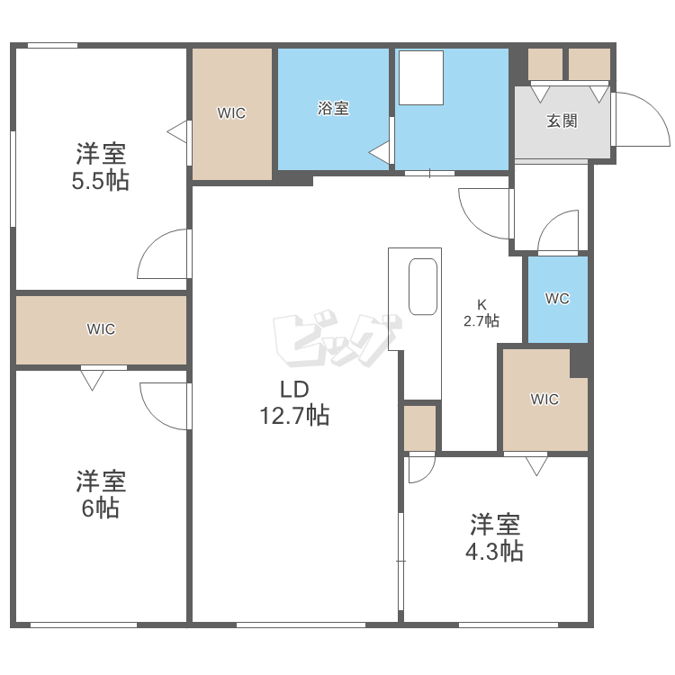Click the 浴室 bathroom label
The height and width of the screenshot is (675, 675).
(x=333, y=108)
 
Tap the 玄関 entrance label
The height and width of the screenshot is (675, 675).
(x=562, y=121)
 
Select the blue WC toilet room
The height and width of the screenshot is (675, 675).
(x=558, y=299)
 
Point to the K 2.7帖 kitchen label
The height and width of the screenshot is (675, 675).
(x=481, y=313)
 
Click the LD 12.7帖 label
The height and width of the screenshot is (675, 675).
(x=295, y=403)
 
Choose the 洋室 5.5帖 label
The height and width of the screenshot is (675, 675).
(x=101, y=166)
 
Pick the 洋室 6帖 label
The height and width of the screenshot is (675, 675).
(x=101, y=494)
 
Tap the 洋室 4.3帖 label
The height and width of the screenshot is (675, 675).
(x=495, y=537)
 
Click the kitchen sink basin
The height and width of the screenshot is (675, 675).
(x=423, y=287)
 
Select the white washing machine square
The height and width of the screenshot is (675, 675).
(x=421, y=78)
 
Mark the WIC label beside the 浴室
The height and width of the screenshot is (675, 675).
(x=231, y=113)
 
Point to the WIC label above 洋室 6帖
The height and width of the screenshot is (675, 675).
(x=101, y=329)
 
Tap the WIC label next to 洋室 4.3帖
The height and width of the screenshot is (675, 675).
(x=544, y=400)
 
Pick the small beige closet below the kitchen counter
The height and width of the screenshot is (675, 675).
(x=419, y=428)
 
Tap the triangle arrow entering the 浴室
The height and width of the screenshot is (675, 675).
(x=379, y=152)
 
